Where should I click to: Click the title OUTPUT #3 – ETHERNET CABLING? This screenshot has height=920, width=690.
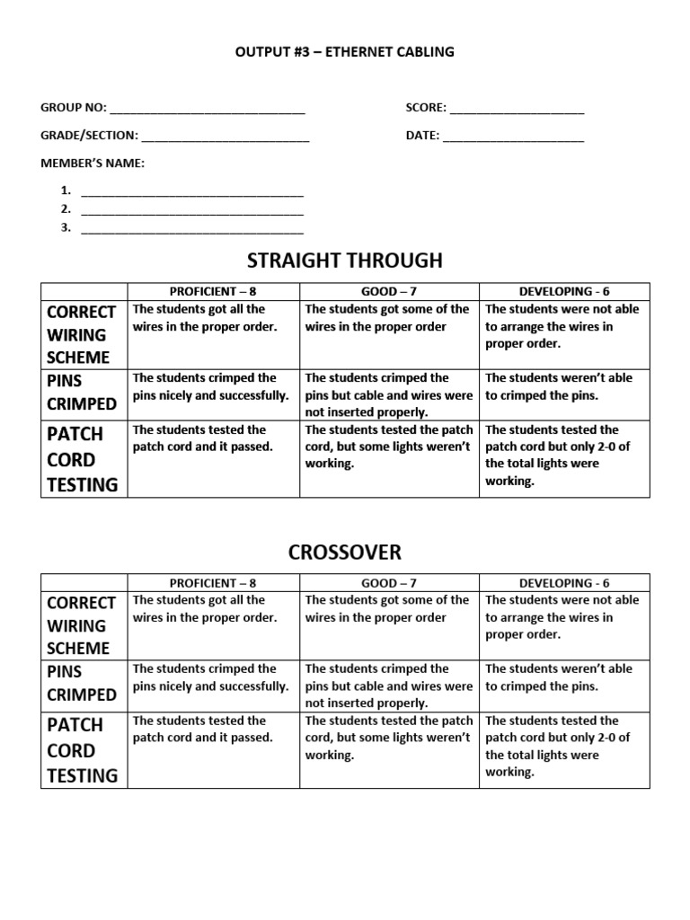pos(345,52)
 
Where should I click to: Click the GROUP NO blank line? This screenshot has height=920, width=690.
pos(207,112)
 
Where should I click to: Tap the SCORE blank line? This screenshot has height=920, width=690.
pos(517,112)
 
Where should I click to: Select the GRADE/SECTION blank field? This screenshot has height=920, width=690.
pos(226,140)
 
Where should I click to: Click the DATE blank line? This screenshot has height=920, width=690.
pos(513,140)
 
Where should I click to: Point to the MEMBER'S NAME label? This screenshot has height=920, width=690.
pos(93,163)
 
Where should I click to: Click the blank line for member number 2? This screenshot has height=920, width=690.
pos(192,213)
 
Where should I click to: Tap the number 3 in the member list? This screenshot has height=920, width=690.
pos(66,227)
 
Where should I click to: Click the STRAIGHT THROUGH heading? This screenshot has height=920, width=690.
pos(345,261)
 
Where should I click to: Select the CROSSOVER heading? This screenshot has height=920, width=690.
pos(345,552)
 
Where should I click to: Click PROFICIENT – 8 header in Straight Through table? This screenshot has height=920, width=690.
pos(213,292)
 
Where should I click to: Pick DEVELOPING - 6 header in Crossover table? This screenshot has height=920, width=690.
pos(564,583)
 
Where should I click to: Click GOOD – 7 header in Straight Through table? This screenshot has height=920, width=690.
pos(389,292)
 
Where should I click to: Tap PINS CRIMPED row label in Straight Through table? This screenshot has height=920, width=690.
pos(83,392)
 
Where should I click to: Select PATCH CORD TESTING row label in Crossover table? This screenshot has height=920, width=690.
pos(83,750)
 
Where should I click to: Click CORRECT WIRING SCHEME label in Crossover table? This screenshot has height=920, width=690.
pos(83,625)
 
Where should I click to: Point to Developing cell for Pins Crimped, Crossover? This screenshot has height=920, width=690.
pos(564,686)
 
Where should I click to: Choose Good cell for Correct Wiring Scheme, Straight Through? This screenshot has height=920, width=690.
pos(389,334)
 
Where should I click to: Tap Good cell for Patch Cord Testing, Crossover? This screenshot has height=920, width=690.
pos(389,749)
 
